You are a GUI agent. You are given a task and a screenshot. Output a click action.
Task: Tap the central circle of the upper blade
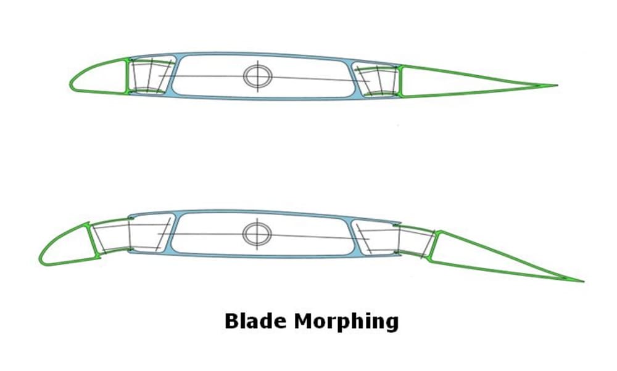pos(257,76)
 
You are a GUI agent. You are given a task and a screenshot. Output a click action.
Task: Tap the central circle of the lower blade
pos(257,232)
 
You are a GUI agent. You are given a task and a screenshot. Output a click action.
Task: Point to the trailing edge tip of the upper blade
pos(557,86)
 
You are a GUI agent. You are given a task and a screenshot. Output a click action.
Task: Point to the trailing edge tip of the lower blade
pos(582,282)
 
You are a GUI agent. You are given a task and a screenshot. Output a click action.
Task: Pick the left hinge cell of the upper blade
pos(149,76)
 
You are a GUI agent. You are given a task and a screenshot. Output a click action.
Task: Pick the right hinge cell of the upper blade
pos(377,81)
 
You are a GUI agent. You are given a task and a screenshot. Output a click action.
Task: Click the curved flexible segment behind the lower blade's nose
pos(111,237)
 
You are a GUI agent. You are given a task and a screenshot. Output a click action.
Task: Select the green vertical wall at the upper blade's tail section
pos(400,81)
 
